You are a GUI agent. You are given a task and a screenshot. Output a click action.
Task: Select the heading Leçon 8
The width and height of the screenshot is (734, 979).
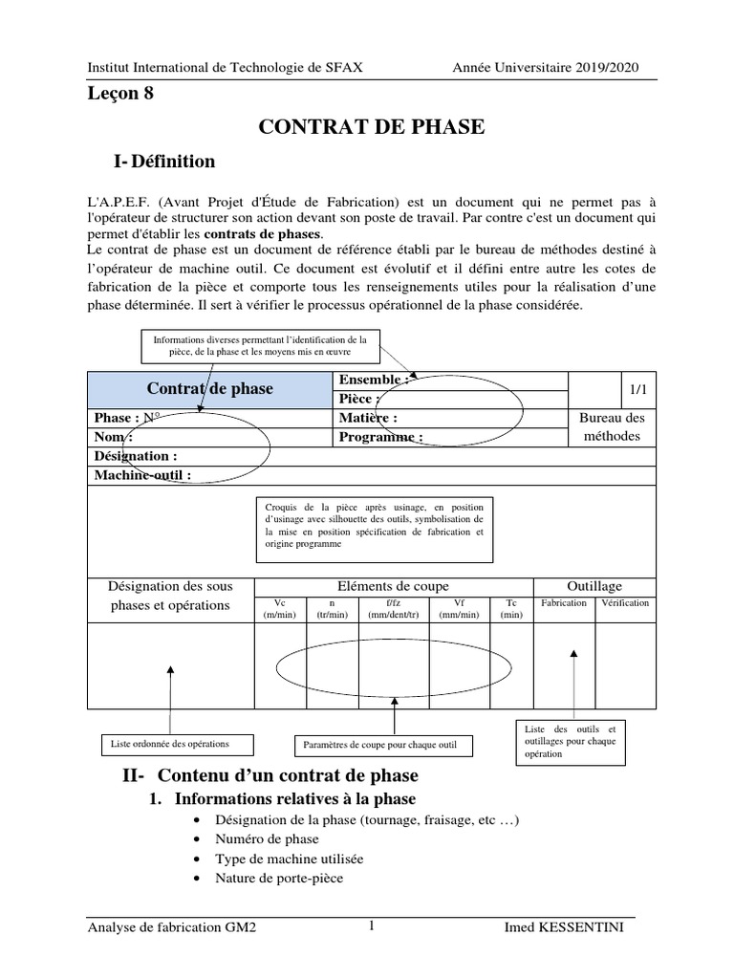tap(119, 94)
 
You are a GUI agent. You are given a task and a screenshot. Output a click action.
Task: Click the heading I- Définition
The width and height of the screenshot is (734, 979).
tap(163, 162)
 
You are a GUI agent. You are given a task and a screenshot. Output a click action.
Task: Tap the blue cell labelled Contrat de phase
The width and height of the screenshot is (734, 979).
tap(209, 388)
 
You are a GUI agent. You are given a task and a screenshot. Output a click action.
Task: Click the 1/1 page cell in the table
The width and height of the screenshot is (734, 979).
tap(637, 388)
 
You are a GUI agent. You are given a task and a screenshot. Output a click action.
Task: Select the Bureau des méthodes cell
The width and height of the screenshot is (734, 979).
tap(613, 427)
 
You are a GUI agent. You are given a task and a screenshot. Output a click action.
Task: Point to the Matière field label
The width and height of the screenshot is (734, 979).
tap(368, 418)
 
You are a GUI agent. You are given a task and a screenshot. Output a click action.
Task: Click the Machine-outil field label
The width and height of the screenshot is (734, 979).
tap(142, 475)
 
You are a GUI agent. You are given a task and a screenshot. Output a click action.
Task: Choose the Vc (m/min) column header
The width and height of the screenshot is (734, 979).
tap(279, 609)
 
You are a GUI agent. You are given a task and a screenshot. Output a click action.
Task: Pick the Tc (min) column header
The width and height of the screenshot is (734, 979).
tap(511, 609)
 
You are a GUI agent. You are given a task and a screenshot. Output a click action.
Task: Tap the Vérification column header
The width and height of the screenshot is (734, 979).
tap(625, 603)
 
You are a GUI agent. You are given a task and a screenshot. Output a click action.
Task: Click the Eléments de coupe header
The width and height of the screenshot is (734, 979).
tap(393, 586)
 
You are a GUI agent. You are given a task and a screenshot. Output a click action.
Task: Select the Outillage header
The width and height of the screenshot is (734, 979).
tap(594, 586)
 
